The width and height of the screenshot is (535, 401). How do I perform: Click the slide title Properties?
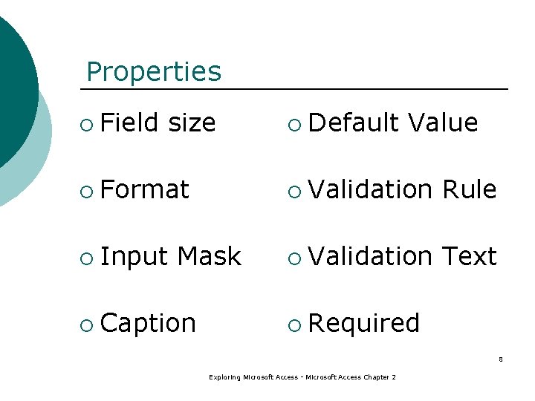click(x=154, y=72)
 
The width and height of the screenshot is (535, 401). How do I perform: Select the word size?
click(x=192, y=123)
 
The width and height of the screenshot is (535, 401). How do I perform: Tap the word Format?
click(x=144, y=189)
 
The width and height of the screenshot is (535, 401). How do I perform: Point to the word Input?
click(x=134, y=257)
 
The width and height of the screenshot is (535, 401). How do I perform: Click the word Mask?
click(x=209, y=257)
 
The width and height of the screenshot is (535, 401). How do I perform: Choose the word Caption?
click(x=148, y=324)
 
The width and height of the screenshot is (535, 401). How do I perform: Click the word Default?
click(x=354, y=123)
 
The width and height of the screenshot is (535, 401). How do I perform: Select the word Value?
click(x=444, y=123)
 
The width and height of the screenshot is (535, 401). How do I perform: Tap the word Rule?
click(x=469, y=189)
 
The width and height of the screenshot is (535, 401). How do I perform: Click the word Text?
click(x=469, y=256)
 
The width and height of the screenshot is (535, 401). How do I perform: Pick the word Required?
click(x=363, y=323)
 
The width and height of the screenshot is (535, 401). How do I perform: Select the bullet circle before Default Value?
click(x=295, y=124)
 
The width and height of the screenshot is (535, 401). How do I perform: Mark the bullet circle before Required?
click(x=295, y=325)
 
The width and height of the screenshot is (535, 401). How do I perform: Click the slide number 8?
click(x=500, y=360)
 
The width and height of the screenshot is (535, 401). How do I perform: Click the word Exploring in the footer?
click(x=224, y=378)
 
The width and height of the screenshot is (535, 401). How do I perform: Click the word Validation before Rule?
click(x=370, y=189)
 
